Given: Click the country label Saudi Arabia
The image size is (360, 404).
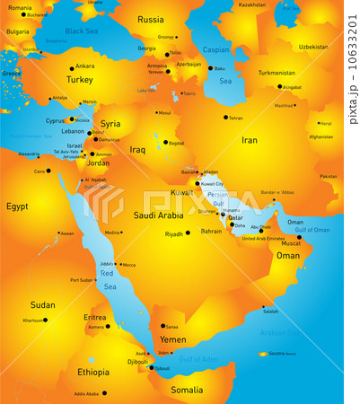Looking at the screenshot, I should (158, 215).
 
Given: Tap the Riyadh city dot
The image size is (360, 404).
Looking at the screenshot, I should (188, 233).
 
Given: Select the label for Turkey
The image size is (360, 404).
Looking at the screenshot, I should (80, 79).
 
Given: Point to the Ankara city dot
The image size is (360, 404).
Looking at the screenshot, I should (72, 66).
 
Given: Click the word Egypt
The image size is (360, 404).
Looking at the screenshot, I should (17, 206).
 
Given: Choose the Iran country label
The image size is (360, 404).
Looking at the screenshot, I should (250, 140).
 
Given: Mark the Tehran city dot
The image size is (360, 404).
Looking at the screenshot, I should (224, 118).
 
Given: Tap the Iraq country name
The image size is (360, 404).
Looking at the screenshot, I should (137, 150).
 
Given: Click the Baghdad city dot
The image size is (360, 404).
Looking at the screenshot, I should (165, 142).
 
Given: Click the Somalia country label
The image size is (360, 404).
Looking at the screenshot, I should (187, 390).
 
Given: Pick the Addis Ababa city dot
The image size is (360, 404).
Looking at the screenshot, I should (103, 393).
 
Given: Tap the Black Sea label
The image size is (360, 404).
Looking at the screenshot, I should (82, 31).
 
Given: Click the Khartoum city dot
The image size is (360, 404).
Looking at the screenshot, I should (46, 320).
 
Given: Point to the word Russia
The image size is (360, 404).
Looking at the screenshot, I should (151, 19).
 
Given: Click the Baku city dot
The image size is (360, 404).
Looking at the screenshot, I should (211, 68).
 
